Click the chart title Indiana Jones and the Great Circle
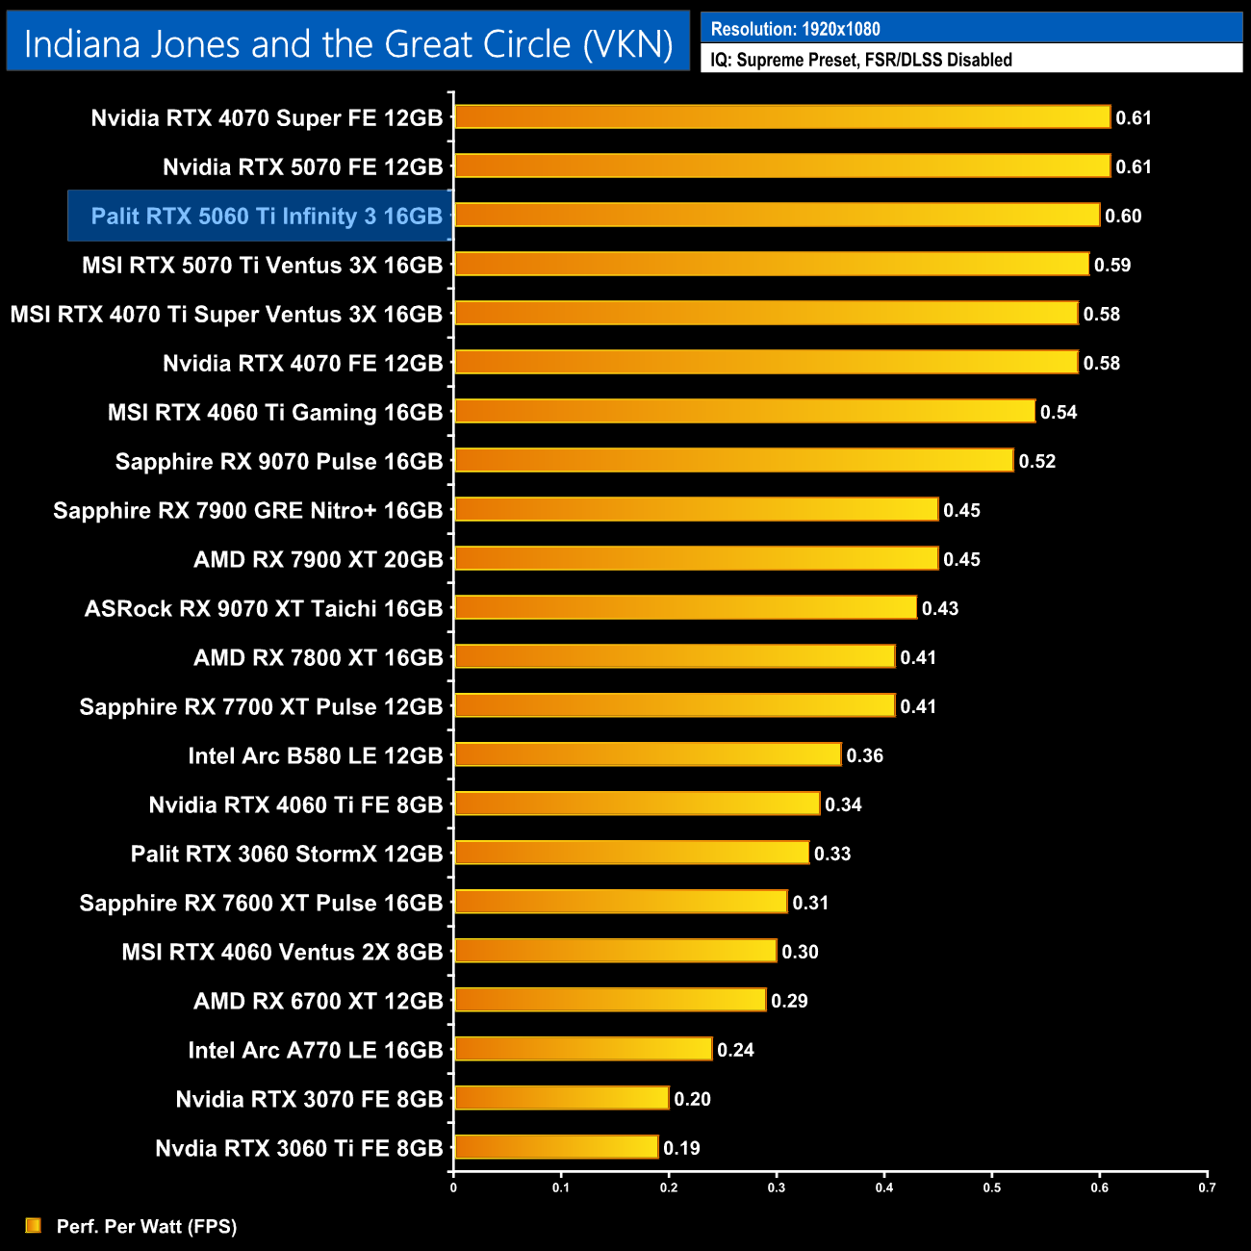(x=347, y=44)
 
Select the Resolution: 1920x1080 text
(x=795, y=29)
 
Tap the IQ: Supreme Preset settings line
(x=860, y=60)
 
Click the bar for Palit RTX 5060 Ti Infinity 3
(x=777, y=215)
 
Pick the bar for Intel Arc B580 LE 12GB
(x=648, y=754)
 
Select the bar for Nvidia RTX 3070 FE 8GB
(x=561, y=1098)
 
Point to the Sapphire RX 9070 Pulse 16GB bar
(x=733, y=460)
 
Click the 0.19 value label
(x=681, y=1148)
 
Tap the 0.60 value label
(x=1123, y=216)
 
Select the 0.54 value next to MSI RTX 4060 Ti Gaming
(x=1059, y=412)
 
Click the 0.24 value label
(x=735, y=1050)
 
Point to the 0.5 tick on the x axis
(x=992, y=1187)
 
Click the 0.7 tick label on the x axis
(x=1207, y=1187)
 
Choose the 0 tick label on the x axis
(x=453, y=1187)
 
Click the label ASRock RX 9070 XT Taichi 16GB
(x=264, y=608)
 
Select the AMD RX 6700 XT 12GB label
(x=318, y=1001)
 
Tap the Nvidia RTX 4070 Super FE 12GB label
(x=267, y=117)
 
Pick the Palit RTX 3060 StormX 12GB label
(x=287, y=854)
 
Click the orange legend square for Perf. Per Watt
(x=34, y=1225)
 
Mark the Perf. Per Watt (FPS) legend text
(x=146, y=1226)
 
